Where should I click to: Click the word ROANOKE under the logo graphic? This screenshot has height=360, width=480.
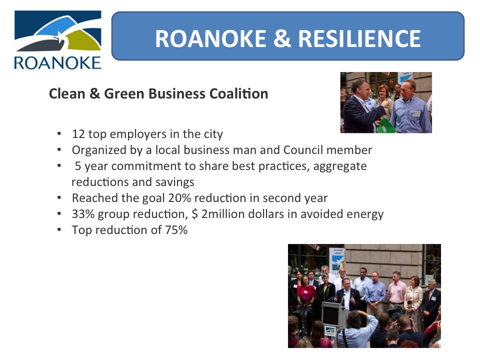click(57, 63)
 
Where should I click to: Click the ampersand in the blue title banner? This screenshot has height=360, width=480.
click(282, 38)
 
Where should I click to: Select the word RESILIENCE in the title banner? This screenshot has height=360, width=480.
click(359, 38)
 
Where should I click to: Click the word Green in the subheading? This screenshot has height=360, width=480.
click(124, 93)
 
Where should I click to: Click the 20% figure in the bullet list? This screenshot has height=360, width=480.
click(179, 198)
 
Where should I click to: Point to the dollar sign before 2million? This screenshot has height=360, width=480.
click(194, 214)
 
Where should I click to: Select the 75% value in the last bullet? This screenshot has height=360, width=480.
click(176, 230)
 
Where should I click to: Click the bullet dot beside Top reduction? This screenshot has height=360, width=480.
click(59, 229)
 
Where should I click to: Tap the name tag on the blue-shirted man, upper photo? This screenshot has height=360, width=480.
click(416, 114)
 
